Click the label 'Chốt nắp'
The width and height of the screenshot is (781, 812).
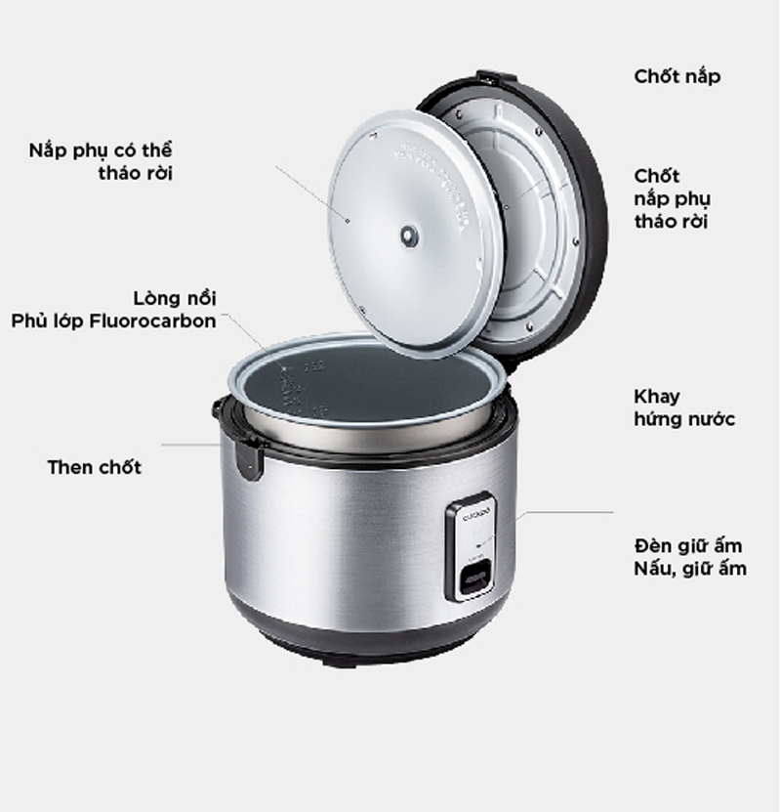tap(677, 76)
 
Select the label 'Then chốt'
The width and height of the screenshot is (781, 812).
tap(95, 467)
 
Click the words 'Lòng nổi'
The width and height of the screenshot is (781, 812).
tap(175, 298)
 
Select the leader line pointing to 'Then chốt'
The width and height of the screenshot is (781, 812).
tap(190, 445)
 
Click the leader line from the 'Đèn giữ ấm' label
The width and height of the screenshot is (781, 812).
tap(566, 511)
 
